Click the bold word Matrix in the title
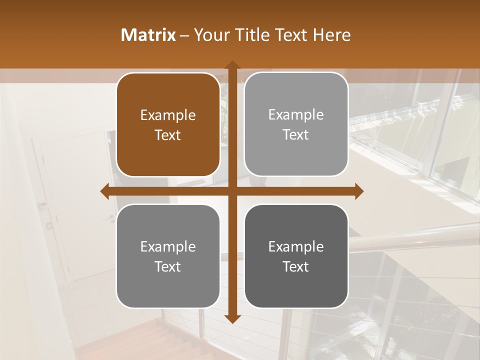pyautogui.click(x=148, y=35)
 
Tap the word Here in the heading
pyautogui.click(x=331, y=35)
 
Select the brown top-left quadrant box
pyautogui.click(x=168, y=124)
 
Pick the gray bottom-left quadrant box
pyautogui.click(x=168, y=256)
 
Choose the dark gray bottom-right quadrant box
pyautogui.click(x=296, y=256)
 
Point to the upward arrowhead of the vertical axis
pyautogui.click(x=232, y=65)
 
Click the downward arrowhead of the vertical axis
pyautogui.click(x=232, y=318)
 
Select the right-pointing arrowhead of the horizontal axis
pyautogui.click(x=358, y=191)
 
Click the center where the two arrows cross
pyautogui.click(x=232, y=191)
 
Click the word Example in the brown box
pyautogui.click(x=168, y=115)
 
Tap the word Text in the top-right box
pyautogui.click(x=296, y=134)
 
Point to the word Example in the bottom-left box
pyautogui.click(x=168, y=247)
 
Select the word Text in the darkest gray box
pyautogui.click(x=296, y=266)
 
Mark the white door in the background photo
pyautogui.click(x=75, y=210)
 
